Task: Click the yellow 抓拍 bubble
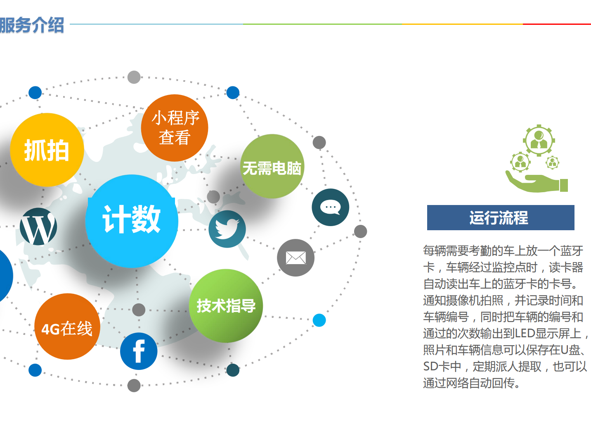(x=47, y=150)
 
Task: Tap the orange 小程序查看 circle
(x=175, y=128)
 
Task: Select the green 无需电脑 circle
(x=272, y=167)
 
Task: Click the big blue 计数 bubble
(x=132, y=220)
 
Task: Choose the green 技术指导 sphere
(x=226, y=306)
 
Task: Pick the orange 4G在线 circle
(x=67, y=327)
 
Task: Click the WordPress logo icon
(x=38, y=227)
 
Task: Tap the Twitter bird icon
(x=227, y=229)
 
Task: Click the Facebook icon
(x=139, y=351)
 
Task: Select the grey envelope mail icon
(x=295, y=258)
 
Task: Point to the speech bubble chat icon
(x=330, y=207)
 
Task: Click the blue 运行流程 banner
(x=500, y=217)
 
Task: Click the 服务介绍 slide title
(x=32, y=25)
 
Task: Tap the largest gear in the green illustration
(x=539, y=140)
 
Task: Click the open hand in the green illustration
(x=532, y=183)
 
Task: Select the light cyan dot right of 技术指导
(x=319, y=320)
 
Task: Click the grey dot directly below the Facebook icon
(x=134, y=385)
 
